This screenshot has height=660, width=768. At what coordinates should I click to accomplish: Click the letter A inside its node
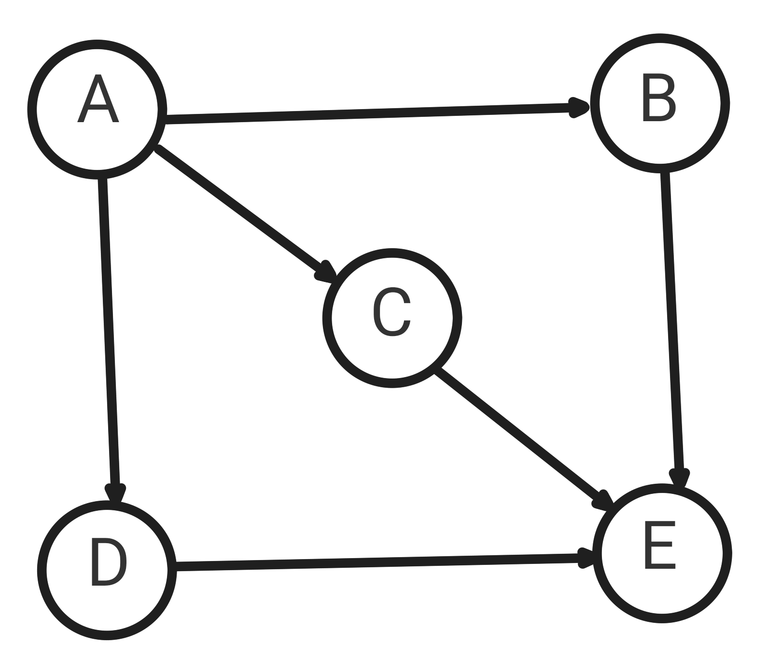pos(98,99)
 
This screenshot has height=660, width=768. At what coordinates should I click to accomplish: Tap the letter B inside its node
pos(659,98)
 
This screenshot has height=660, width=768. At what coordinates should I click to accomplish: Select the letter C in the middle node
pos(392,312)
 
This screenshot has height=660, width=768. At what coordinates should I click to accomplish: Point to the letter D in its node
pos(109,562)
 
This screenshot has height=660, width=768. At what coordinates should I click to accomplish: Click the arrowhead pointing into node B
pos(579,107)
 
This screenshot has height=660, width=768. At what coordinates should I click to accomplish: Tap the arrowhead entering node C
pos(325,272)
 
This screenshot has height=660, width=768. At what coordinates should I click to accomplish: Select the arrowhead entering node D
pos(115,493)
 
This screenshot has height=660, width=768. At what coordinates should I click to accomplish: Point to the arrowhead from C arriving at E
pos(603,501)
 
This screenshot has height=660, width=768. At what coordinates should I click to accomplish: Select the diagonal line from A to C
pos(239,209)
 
